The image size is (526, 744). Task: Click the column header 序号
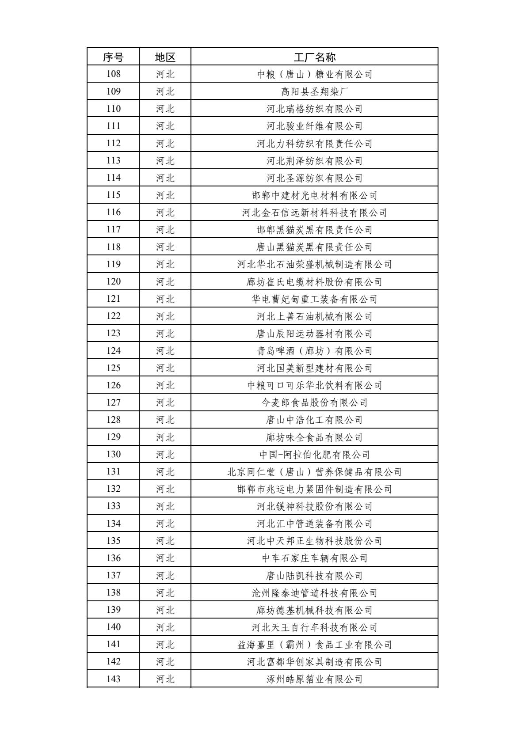113,57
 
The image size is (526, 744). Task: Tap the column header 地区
165,57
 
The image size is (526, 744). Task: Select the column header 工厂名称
314,57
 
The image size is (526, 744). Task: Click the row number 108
113,74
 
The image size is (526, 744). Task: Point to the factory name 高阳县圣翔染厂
314,91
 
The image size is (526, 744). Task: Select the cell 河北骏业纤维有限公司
314,126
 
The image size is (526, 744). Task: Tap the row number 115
113,195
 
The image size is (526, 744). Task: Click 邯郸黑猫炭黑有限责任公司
314,230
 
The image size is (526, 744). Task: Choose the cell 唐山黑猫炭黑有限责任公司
314,247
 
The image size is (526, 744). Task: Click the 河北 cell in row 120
165,281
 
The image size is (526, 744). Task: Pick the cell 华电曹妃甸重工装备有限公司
314,299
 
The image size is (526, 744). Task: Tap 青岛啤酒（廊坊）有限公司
314,351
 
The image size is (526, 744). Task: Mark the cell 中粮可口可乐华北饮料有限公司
314,385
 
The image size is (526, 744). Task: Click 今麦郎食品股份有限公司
314,402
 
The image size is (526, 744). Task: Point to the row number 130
113,454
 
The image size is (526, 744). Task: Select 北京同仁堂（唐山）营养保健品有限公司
314,472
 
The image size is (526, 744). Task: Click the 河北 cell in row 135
165,541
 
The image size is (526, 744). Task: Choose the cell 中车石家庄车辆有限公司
314,558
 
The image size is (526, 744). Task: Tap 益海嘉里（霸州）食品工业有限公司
314,645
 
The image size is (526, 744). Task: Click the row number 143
113,679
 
